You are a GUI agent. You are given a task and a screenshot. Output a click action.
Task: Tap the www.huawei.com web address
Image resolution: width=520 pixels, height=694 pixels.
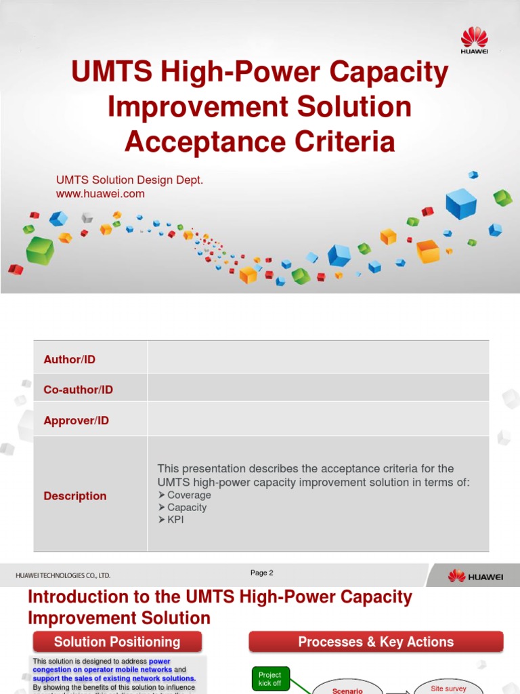[100, 194]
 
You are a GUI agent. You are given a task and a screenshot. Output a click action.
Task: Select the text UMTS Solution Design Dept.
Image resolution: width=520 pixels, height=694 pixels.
[129, 180]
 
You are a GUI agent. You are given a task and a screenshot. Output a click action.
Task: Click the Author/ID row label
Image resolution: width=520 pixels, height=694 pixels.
[70, 359]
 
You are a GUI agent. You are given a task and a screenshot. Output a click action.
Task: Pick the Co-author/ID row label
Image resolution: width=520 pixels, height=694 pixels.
[79, 390]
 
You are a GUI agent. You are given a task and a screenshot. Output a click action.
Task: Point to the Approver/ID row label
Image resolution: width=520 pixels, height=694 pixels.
[77, 420]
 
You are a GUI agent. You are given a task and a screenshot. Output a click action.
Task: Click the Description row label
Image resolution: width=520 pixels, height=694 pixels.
[75, 496]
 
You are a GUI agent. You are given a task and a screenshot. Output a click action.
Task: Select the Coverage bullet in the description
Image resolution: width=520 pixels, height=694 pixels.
[189, 495]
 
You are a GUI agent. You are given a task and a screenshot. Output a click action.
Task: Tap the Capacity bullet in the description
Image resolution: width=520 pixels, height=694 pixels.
[187, 508]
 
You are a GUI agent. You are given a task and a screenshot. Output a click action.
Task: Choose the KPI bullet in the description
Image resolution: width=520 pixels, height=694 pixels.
[175, 520]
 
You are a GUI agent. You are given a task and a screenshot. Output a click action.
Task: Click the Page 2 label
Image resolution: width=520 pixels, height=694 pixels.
[262, 573]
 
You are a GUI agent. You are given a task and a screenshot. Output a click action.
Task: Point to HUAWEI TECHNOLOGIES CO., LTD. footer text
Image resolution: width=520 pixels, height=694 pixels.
[63, 575]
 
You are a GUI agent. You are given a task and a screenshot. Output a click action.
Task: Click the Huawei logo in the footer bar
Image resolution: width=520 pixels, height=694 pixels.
[475, 576]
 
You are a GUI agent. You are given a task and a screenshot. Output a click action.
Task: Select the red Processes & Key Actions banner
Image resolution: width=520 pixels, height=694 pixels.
[376, 642]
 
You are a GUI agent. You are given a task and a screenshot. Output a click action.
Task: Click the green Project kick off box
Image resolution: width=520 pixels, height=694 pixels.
[270, 679]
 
